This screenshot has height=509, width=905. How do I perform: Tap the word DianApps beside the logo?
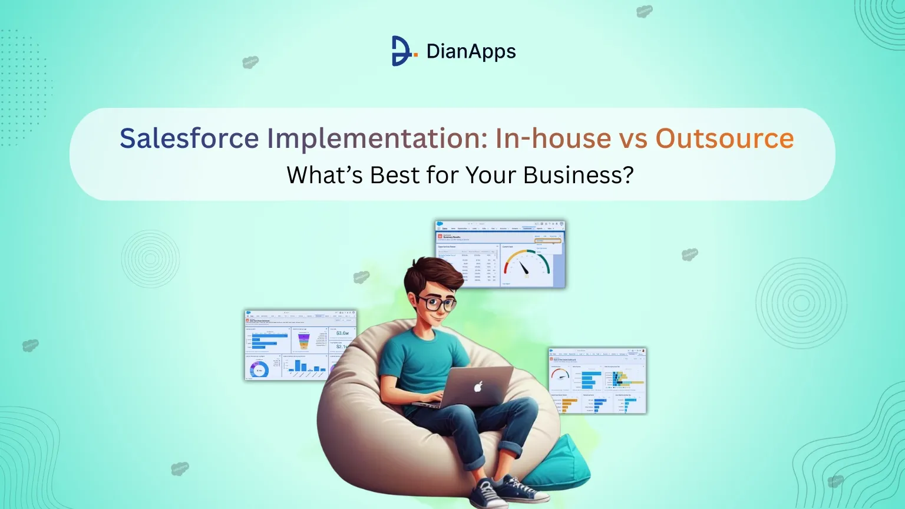tap(471, 51)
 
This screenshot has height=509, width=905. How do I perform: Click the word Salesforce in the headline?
tap(189, 138)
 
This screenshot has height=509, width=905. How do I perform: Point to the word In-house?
tap(553, 138)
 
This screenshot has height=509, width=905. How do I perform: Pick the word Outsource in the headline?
tap(725, 138)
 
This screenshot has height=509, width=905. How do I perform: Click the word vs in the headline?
tap(633, 138)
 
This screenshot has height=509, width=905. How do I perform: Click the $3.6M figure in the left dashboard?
tap(342, 333)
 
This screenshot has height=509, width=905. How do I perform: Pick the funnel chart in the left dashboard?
tap(305, 340)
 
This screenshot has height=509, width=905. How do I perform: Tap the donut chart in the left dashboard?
tap(259, 369)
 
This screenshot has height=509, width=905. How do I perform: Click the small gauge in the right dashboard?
tap(560, 375)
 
